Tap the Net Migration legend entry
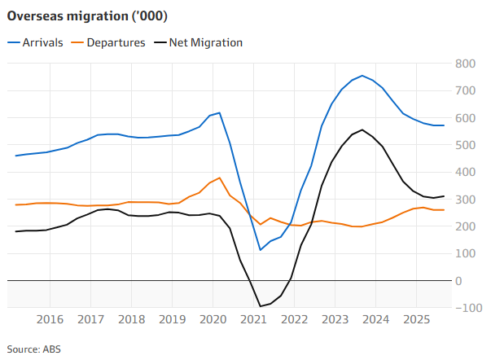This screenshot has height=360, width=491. click(199, 42)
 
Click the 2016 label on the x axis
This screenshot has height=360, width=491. click(50, 319)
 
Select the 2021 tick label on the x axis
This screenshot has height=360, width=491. click(253, 319)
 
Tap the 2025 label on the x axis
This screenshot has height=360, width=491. click(416, 319)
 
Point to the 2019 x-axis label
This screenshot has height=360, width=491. click(172, 319)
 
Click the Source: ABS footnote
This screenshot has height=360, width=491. click(33, 349)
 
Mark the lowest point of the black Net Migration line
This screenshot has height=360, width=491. click(261, 306)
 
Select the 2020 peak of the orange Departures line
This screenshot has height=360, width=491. click(219, 178)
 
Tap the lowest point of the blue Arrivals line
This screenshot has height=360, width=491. click(261, 249)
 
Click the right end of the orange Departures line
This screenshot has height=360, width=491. click(444, 210)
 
